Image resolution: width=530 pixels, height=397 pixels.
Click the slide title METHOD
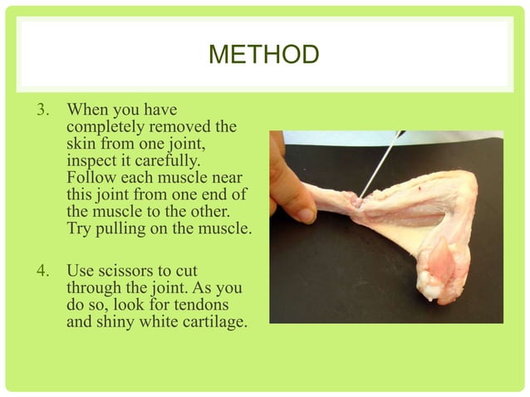click(263, 56)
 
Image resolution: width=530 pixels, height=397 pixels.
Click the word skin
click(79, 143)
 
